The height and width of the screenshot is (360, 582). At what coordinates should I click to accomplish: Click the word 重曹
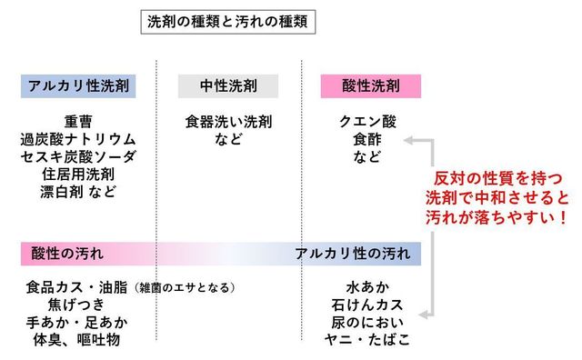78,121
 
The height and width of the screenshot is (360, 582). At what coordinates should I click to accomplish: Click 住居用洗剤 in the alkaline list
78,174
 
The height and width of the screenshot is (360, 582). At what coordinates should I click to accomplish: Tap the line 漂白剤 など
78,191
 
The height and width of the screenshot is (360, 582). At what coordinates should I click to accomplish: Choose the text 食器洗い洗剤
228,121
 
